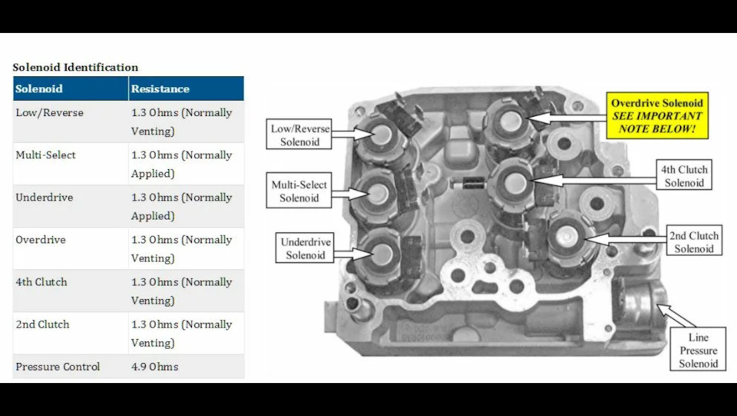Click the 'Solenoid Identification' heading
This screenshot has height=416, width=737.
(x=75, y=68)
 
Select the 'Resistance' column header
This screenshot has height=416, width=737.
(x=160, y=89)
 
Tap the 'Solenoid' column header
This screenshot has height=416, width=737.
(x=39, y=89)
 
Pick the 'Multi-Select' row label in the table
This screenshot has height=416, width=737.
(x=45, y=155)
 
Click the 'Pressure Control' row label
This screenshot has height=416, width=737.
(x=58, y=367)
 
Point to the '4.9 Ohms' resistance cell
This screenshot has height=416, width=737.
(x=154, y=367)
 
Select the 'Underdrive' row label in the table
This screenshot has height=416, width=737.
(x=45, y=197)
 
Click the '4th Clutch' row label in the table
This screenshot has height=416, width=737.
(x=41, y=282)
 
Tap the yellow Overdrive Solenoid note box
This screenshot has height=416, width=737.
(x=657, y=116)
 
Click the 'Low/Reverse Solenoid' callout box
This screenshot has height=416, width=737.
(x=299, y=134)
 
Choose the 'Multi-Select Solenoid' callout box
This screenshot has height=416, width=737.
(x=299, y=191)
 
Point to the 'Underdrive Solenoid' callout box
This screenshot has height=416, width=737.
(x=305, y=248)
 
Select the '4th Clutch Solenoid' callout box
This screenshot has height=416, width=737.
(x=684, y=175)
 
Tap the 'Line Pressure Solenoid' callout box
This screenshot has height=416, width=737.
(x=698, y=349)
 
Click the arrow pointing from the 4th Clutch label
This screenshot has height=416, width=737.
(x=594, y=180)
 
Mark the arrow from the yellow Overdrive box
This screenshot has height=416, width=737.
(x=567, y=117)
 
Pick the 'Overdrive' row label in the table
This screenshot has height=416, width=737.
(x=41, y=240)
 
